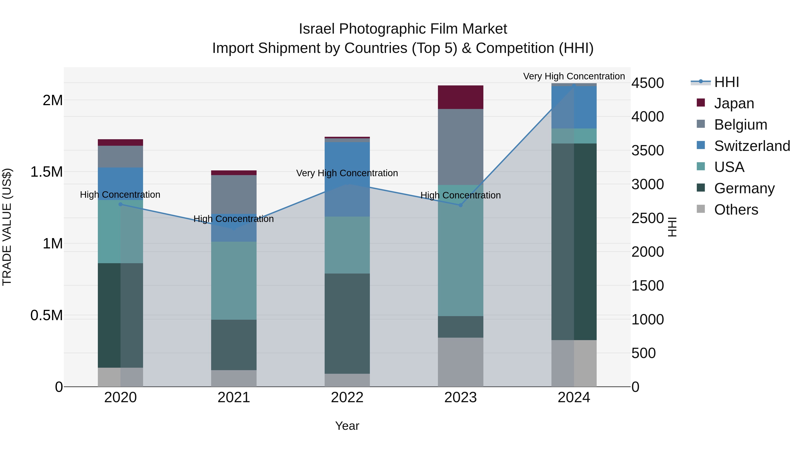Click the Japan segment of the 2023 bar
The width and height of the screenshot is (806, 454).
point(460,97)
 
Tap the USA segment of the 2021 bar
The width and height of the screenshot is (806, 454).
point(234,280)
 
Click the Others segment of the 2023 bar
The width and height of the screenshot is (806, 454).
point(460,362)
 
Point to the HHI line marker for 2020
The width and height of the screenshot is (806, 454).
point(120,204)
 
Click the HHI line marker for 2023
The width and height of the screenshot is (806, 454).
point(460,205)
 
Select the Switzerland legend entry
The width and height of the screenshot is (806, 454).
point(752,146)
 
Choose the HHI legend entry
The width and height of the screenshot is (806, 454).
point(726,82)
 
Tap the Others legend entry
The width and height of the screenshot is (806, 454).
point(736,210)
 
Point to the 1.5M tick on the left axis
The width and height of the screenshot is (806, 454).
point(46,172)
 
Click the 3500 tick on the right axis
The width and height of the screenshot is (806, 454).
point(647,150)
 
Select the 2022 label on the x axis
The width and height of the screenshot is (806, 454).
point(347,398)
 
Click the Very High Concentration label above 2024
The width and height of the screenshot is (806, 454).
point(574,76)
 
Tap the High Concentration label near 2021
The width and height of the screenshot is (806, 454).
point(234,219)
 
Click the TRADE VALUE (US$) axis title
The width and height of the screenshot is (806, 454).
point(7,227)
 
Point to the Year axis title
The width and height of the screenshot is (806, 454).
point(347,426)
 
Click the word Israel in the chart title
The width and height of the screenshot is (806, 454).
point(317,29)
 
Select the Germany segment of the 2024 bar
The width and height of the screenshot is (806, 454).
point(574,241)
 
